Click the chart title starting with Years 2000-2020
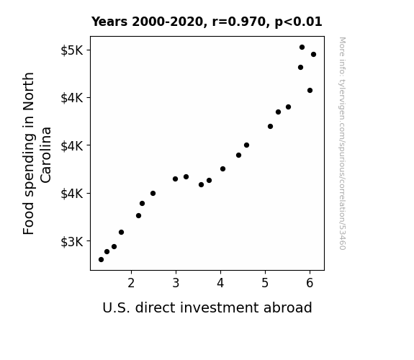(x=207, y=22)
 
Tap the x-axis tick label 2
(x=131, y=283)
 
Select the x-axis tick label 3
(x=176, y=283)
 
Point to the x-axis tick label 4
(x=220, y=283)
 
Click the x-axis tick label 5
(x=265, y=283)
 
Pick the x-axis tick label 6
(x=310, y=283)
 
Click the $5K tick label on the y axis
(x=72, y=50)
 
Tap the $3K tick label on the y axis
(x=72, y=241)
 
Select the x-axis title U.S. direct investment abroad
(x=207, y=307)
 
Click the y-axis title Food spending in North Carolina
(x=37, y=153)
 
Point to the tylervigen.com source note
(x=342, y=143)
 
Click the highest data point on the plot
(x=302, y=48)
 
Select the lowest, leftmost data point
(x=101, y=260)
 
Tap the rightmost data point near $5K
(x=313, y=55)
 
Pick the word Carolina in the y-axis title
(x=46, y=155)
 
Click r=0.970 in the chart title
(x=239, y=22)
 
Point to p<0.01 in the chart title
(x=299, y=22)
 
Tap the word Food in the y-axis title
(x=29, y=219)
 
